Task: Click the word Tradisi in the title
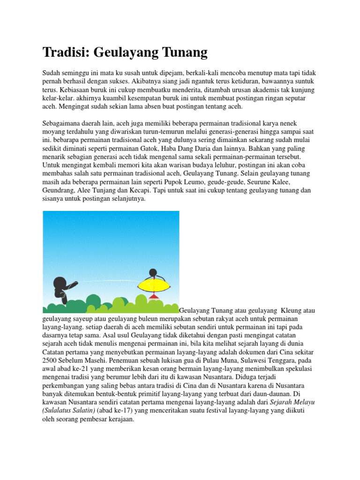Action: point(66,52)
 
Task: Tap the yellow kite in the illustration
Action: point(152,285)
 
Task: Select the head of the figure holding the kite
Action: point(152,272)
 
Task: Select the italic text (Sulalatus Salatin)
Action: point(69,411)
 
